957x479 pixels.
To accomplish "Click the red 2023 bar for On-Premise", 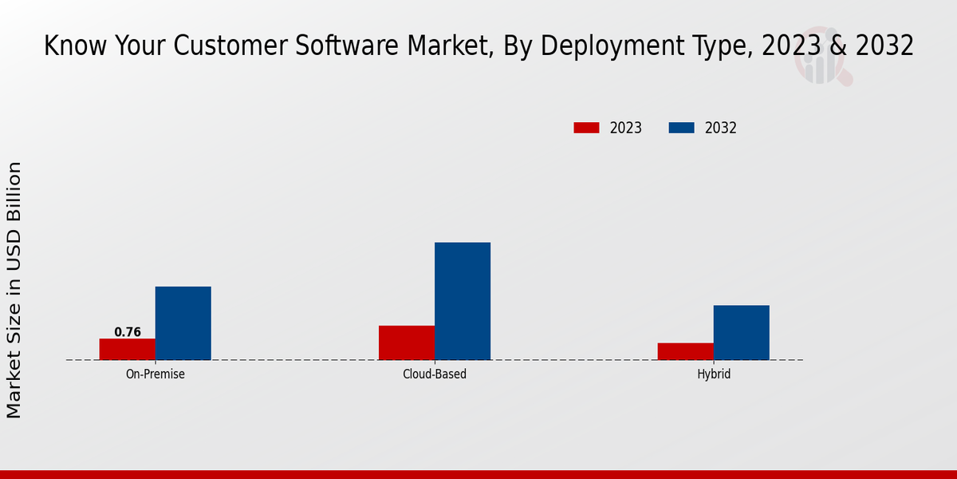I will click(128, 349).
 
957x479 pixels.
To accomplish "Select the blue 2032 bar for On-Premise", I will click(183, 323).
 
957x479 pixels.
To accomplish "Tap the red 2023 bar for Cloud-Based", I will click(407, 342).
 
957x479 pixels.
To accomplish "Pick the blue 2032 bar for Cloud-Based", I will click(463, 301).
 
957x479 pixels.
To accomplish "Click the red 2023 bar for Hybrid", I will click(686, 351).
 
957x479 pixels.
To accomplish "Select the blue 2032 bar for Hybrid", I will click(742, 332).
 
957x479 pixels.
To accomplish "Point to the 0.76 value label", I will click(128, 332).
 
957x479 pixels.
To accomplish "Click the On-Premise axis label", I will click(156, 374).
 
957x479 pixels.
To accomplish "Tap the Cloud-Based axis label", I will click(435, 374).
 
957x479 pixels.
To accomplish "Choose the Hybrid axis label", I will click(714, 374).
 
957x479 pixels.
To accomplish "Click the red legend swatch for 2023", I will click(586, 128).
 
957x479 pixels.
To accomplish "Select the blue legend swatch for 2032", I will click(681, 128).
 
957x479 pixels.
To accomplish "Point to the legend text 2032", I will click(721, 128).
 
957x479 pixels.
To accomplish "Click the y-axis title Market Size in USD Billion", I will click(14, 290).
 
